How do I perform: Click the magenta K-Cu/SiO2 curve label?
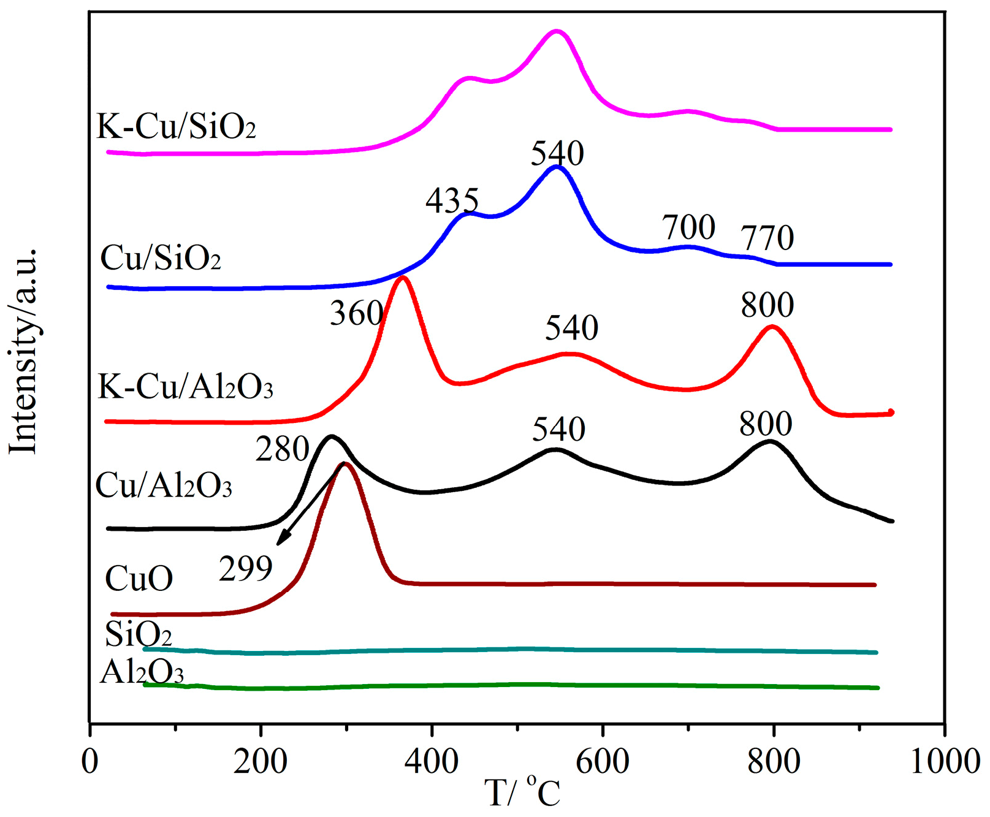(177, 127)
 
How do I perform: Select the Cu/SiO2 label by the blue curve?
(161, 258)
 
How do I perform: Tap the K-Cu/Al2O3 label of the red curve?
(185, 387)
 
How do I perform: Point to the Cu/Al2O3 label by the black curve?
(164, 485)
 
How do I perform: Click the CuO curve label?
(139, 578)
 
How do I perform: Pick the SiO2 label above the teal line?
(138, 634)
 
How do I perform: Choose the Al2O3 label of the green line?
(142, 672)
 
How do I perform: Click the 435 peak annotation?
(452, 201)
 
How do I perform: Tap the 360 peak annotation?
(357, 314)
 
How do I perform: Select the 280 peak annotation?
(282, 450)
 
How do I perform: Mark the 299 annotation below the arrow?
(246, 569)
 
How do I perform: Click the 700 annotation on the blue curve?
(689, 227)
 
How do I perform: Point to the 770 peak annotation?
(767, 238)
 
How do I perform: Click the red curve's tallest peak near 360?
(403, 279)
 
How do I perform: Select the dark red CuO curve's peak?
(345, 464)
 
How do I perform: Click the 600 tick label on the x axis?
(603, 762)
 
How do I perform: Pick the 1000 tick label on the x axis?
(945, 762)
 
